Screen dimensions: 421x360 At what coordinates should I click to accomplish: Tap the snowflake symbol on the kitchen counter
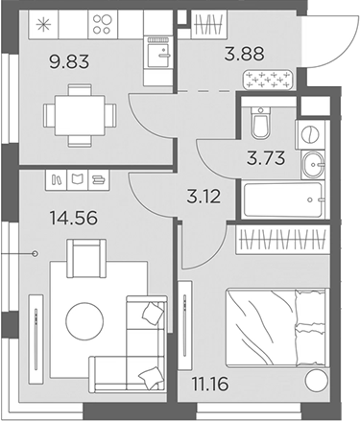click(x=42, y=21)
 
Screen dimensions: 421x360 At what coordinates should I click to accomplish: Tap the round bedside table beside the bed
click(x=316, y=382)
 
